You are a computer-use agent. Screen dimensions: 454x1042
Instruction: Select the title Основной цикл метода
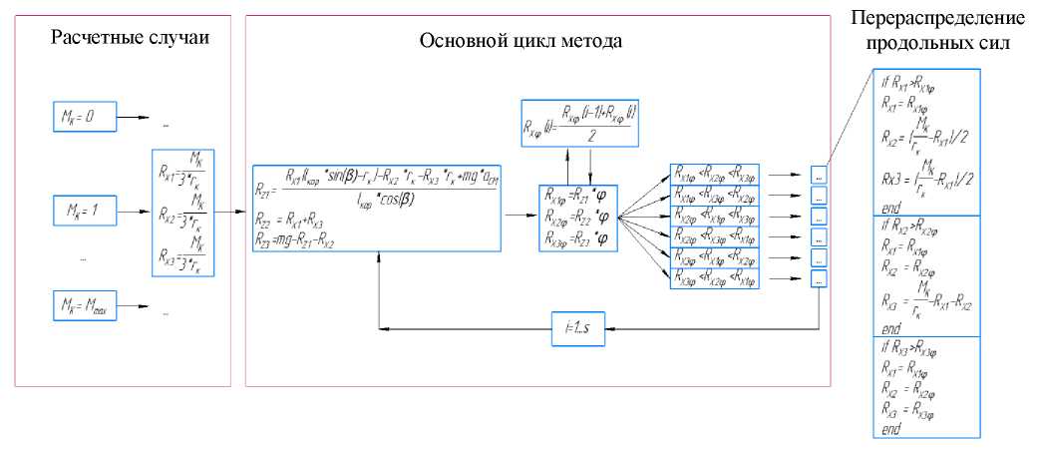coord(521,43)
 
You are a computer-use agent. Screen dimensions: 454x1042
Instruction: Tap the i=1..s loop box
coord(578,327)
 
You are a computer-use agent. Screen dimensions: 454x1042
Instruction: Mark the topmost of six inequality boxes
coord(715,173)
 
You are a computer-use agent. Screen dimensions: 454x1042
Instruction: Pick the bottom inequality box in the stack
coord(715,280)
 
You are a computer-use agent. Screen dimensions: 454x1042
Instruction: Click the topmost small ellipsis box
coord(818,174)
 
